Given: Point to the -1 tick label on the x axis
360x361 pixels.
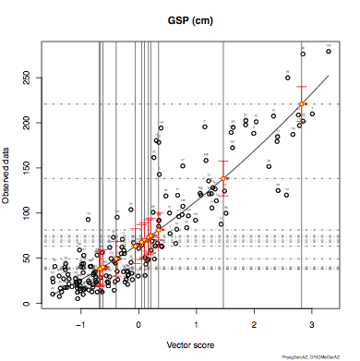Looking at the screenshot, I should coord(81,323).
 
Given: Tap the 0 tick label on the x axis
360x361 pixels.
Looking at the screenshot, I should coord(138,323).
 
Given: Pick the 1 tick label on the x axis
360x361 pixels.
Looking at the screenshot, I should coord(196,323).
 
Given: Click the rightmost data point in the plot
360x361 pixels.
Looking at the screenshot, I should coord(329,52).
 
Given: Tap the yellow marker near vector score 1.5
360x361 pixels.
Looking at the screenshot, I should coord(223,178).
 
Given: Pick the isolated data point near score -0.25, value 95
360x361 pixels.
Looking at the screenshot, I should coord(117,218).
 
